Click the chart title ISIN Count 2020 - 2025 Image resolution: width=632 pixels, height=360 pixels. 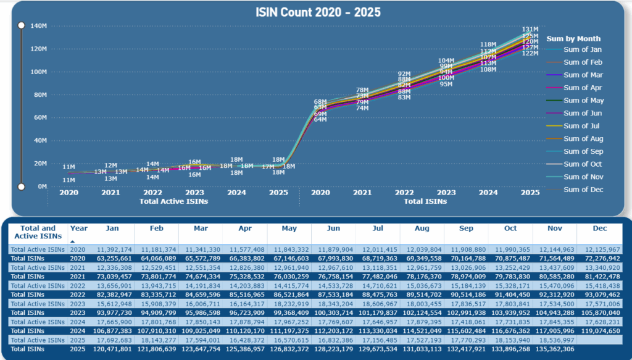click(318, 12)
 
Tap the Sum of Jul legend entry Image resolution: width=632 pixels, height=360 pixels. click(578, 126)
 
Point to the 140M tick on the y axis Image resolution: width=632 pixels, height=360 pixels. click(38, 26)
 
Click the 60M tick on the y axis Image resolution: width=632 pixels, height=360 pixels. click(39, 117)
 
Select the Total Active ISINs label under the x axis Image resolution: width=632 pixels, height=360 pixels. click(173, 201)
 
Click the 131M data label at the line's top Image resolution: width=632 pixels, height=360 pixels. click(530, 29)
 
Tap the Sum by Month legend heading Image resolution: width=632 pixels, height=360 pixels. click(573, 38)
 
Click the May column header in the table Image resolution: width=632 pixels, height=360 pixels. click(289, 228)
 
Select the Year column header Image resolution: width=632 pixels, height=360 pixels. click(79, 228)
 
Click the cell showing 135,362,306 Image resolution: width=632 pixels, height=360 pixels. click(554, 349)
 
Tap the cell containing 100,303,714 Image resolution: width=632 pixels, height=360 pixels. click(333, 312)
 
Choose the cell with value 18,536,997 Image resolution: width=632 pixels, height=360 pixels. click(554, 340)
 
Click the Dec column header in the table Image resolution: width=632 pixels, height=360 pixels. click(599, 228)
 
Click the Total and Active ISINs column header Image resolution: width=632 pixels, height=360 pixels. click(38, 232)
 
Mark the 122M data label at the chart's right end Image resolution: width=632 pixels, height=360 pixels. click(530, 54)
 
